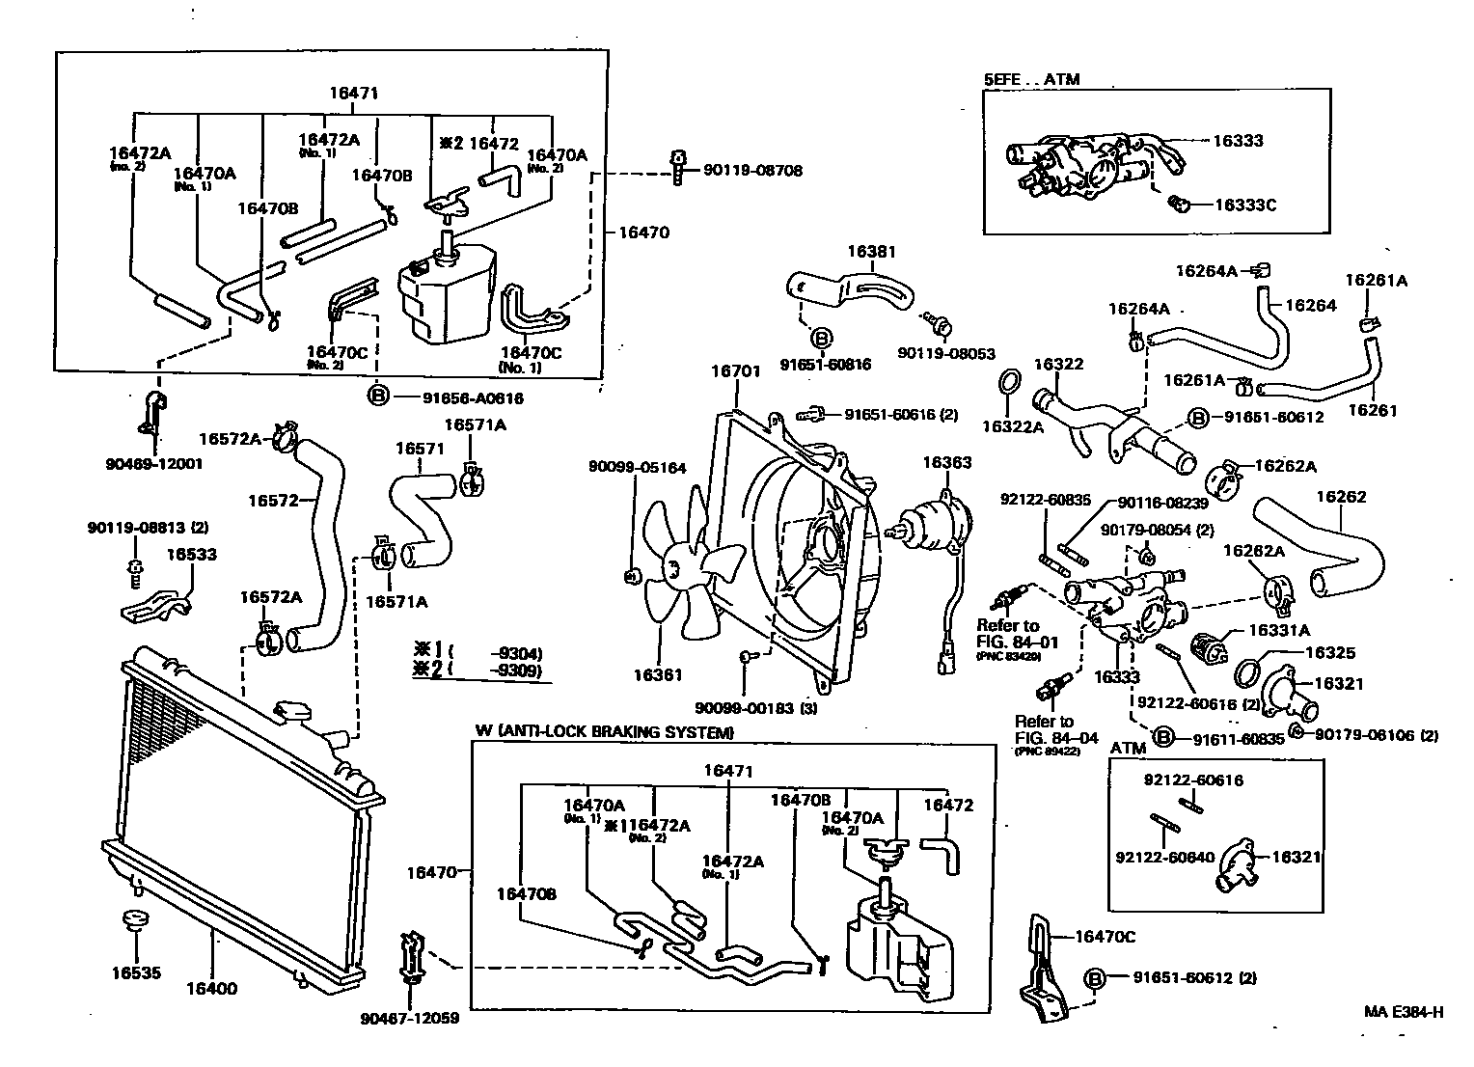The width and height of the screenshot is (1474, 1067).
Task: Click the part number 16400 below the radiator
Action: (210, 988)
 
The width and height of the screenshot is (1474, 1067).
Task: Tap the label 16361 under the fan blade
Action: (658, 675)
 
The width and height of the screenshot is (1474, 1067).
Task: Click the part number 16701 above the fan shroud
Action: (736, 370)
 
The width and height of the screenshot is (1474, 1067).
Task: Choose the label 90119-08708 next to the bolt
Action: (752, 170)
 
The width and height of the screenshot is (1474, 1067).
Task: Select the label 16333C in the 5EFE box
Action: (1244, 205)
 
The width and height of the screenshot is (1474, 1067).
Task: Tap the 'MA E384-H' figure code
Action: (1404, 1012)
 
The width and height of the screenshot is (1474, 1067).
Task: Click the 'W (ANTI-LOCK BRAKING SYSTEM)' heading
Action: (604, 732)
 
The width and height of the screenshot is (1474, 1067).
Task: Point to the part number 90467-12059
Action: (410, 1018)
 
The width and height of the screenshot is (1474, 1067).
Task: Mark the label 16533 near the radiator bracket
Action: (191, 555)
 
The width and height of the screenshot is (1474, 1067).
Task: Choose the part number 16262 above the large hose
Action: (1341, 497)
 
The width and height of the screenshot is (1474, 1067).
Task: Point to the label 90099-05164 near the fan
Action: (638, 468)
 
